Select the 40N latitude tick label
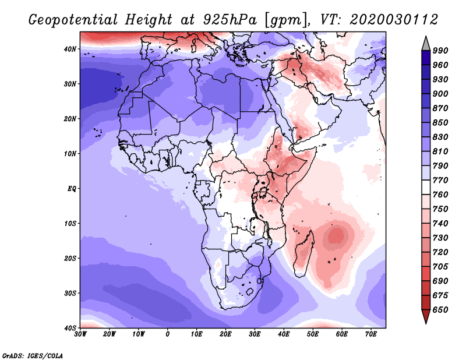click(x=70, y=49)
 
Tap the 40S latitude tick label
click(x=70, y=328)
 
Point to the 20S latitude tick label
click(x=70, y=258)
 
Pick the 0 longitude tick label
click(x=168, y=334)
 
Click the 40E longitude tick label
click(x=284, y=334)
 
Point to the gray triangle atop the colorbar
click(x=426, y=43)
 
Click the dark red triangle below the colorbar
click(x=426, y=317)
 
